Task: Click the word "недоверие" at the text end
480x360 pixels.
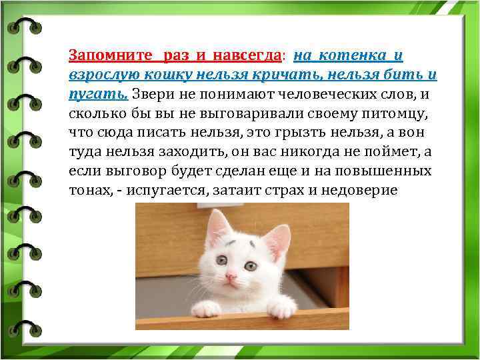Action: tap(360, 191)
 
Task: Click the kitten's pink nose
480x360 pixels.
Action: tap(231, 275)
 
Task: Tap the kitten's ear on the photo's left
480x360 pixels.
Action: tap(217, 227)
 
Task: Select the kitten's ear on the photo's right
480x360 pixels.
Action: tap(278, 239)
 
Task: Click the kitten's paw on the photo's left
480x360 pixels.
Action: tap(205, 309)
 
